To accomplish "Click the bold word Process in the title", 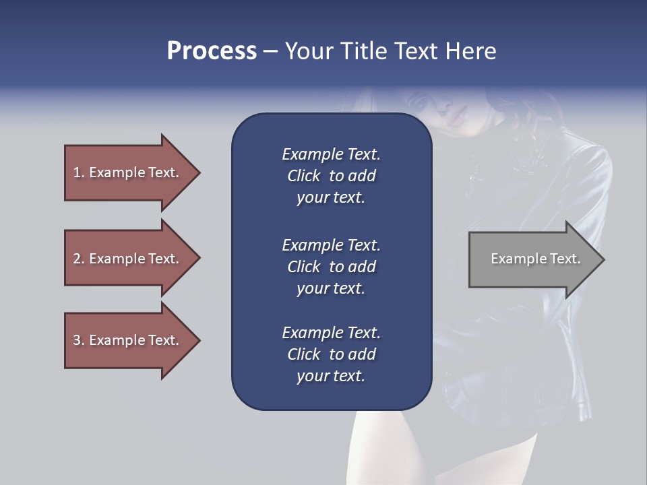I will [x=212, y=51].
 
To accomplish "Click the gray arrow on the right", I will [x=532, y=259].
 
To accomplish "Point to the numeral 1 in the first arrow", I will [x=77, y=172].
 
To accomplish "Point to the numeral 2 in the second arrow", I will [x=77, y=259].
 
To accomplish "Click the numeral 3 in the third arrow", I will [x=77, y=340].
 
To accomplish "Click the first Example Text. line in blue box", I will [x=331, y=154].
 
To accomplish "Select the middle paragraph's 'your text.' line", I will [x=331, y=288].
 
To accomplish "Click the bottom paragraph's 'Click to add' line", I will [x=331, y=354].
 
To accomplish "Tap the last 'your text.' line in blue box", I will [x=331, y=377].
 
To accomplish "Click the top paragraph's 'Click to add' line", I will [x=331, y=176].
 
